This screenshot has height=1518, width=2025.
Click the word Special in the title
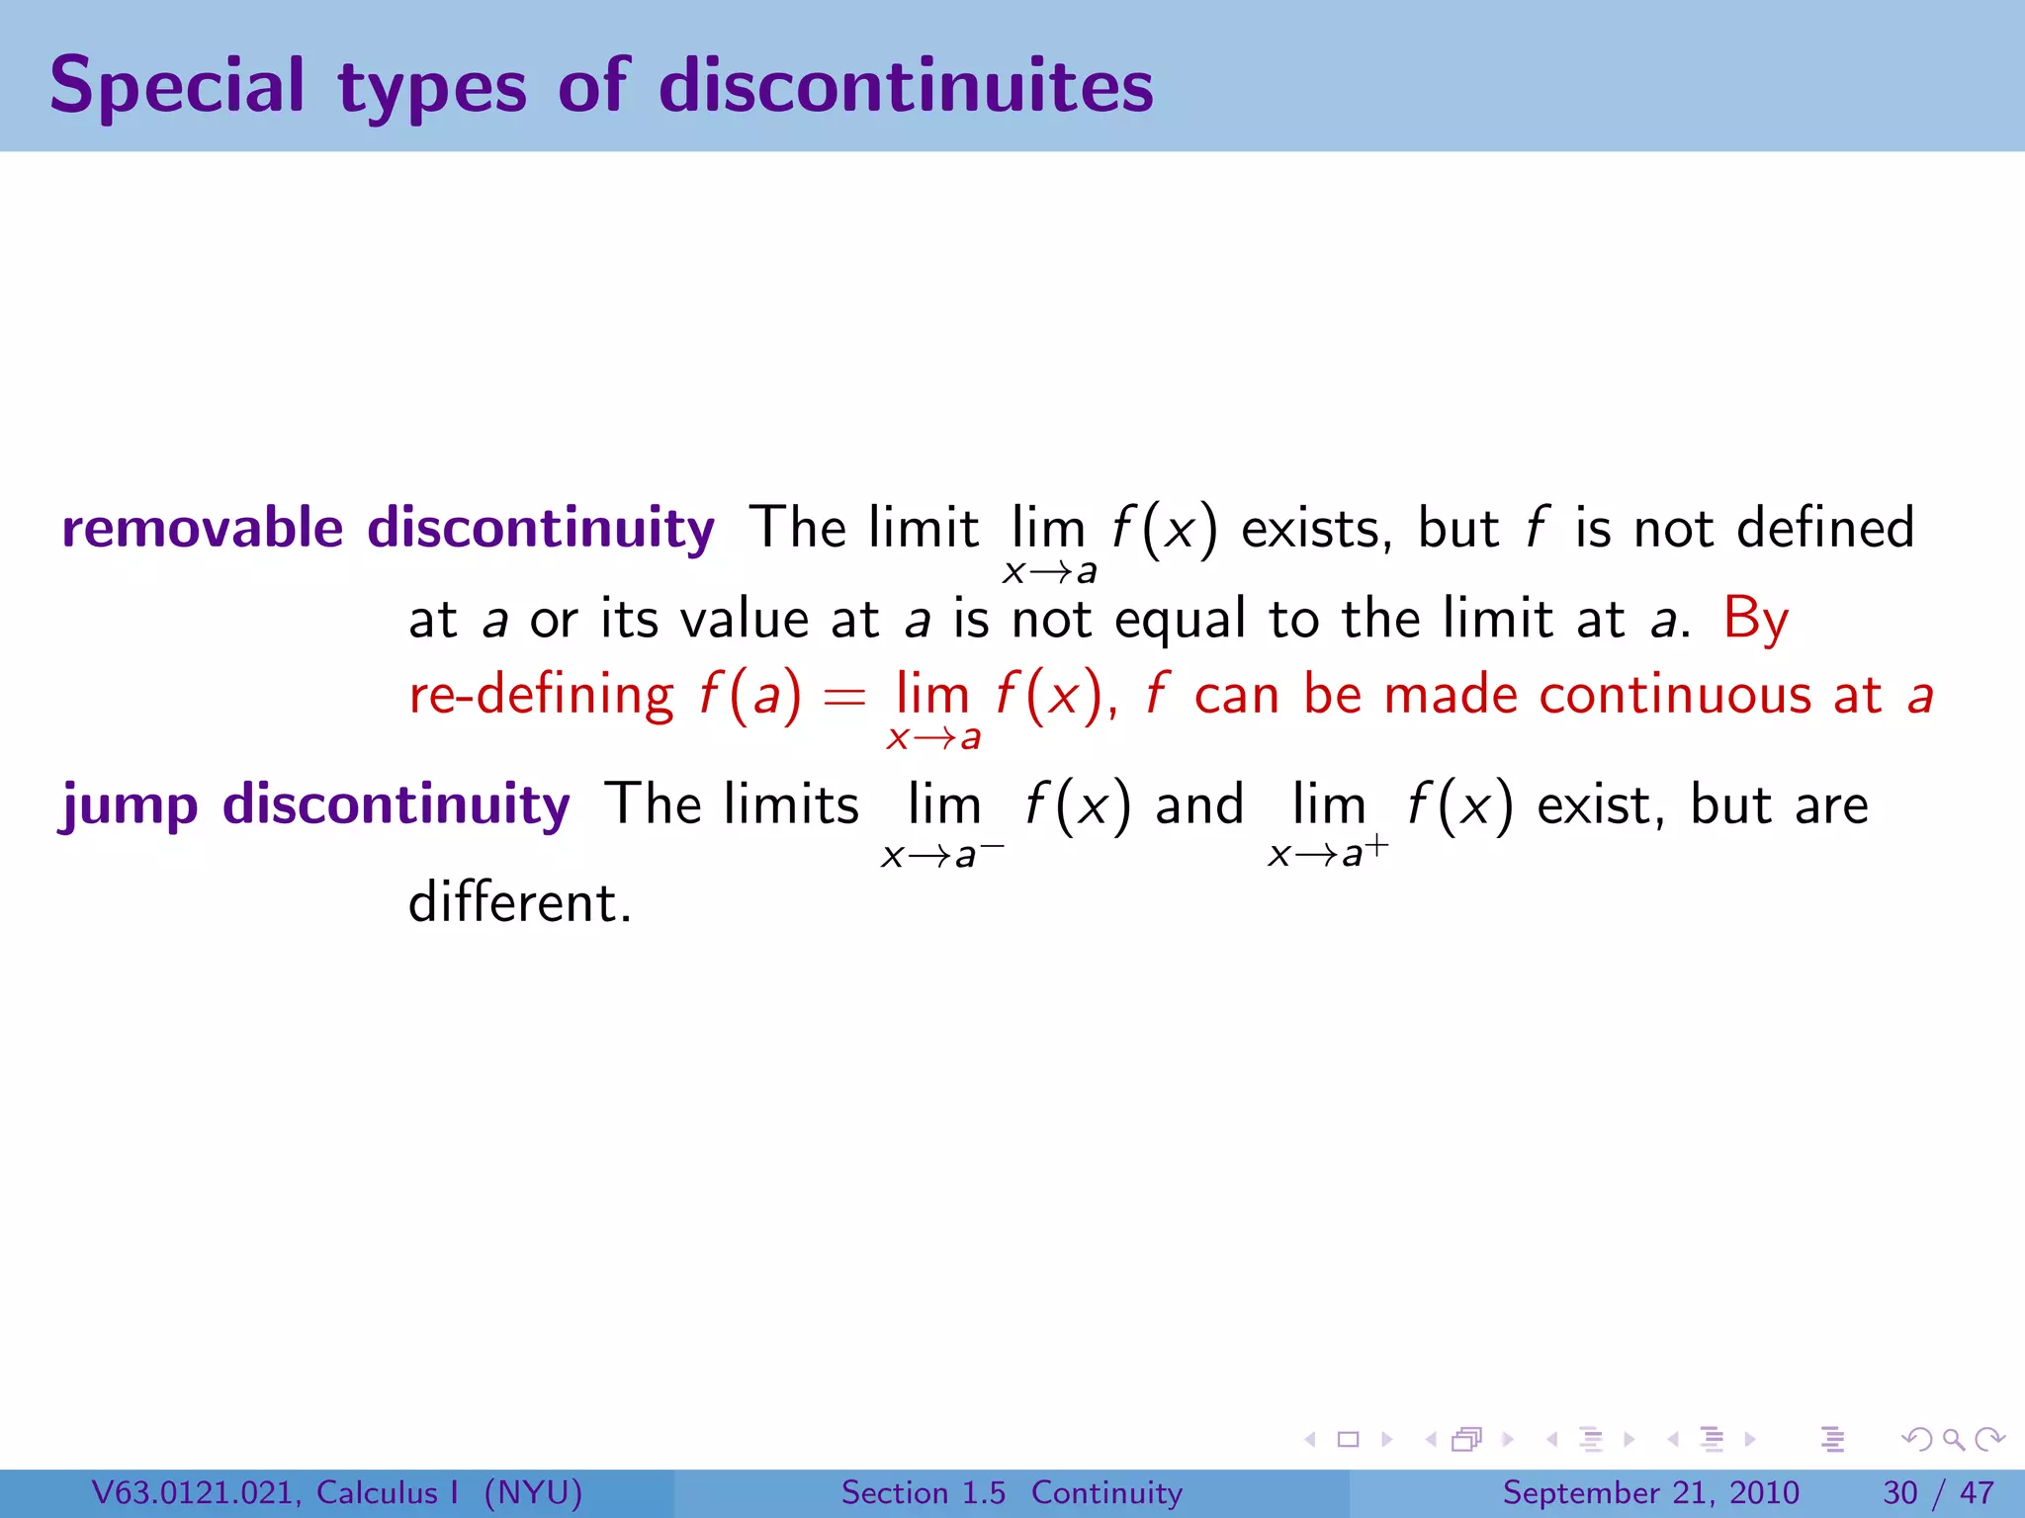(176, 87)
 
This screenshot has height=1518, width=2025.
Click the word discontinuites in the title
(906, 87)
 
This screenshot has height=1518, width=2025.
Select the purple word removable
(202, 528)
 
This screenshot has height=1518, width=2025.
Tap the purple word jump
(130, 805)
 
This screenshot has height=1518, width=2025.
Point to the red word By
(1755, 621)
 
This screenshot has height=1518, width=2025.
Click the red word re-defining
(541, 695)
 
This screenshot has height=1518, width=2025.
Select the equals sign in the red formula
(844, 698)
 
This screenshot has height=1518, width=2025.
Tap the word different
(518, 902)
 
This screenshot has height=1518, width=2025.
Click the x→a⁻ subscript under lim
(941, 853)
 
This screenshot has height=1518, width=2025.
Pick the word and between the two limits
(1199, 804)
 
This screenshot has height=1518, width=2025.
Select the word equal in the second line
(1180, 621)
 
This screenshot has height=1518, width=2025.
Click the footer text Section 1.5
(923, 1492)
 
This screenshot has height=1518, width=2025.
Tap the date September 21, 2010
(1650, 1492)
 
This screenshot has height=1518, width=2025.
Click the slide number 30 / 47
(1938, 1492)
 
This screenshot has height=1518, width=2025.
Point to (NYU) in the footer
(533, 1492)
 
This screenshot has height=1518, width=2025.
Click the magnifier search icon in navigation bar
(1953, 1440)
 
